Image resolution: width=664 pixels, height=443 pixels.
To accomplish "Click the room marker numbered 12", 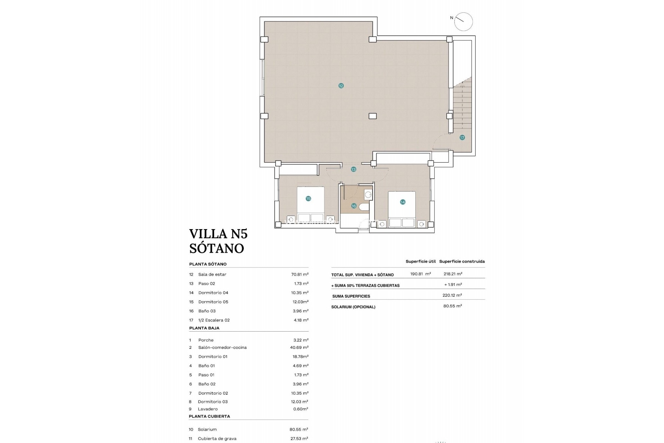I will pyautogui.click(x=341, y=86).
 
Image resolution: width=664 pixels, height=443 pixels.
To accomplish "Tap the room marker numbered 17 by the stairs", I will pyautogui.click(x=462, y=138).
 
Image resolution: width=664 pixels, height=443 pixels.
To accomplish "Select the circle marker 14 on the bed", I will pyautogui.click(x=403, y=202).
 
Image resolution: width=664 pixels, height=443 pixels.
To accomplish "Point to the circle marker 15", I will pyautogui.click(x=308, y=199).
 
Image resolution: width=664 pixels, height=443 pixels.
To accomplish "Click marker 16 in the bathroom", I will pyautogui.click(x=353, y=206).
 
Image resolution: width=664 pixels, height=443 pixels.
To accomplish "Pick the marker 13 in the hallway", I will pyautogui.click(x=353, y=170).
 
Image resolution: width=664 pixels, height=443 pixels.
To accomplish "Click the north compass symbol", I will pyautogui.click(x=463, y=22).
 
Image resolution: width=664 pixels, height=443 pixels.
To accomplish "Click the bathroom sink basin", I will pyautogui.click(x=368, y=195).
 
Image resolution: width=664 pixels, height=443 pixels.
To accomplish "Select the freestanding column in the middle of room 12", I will pyautogui.click(x=372, y=116).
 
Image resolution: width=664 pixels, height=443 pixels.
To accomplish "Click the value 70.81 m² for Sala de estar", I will pyautogui.click(x=299, y=274).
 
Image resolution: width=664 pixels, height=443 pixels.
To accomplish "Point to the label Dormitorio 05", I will pyautogui.click(x=213, y=302).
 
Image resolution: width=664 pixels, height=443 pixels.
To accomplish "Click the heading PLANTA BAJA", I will pyautogui.click(x=204, y=328).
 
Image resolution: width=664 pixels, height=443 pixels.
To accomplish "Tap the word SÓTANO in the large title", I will pyautogui.click(x=216, y=248).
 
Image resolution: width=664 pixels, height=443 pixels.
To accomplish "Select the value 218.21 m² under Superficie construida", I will pyautogui.click(x=453, y=274).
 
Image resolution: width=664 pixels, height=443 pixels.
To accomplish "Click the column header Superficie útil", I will pyautogui.click(x=421, y=262).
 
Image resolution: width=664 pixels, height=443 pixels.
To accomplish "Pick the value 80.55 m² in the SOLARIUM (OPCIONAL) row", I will pyautogui.click(x=452, y=306).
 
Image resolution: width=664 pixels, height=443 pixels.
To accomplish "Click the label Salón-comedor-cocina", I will pyautogui.click(x=222, y=347).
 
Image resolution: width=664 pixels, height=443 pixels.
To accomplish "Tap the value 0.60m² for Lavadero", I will pyautogui.click(x=301, y=409).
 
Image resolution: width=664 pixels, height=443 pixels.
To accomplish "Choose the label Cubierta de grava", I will pyautogui.click(x=217, y=439).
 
